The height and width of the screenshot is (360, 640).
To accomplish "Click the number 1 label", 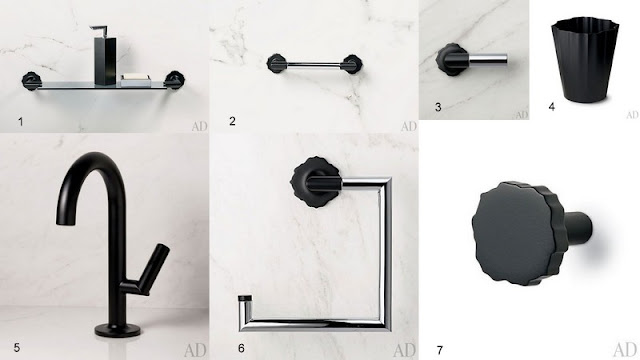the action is coord(20,121).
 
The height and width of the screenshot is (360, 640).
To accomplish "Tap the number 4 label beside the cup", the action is coord(552,107).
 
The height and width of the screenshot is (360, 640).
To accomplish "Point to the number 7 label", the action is coord(440,350).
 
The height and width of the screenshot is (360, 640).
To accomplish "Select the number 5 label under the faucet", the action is coord(17,347).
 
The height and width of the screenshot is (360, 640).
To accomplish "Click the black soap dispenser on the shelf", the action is coord(105,56).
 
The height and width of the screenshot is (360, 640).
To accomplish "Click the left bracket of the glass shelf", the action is coord(31,81).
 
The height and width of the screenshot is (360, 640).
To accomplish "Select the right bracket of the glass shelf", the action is coord(174,80).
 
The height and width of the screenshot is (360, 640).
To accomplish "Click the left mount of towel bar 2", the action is coord(277,63).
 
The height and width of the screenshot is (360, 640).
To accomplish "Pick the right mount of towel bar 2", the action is coord(351,64).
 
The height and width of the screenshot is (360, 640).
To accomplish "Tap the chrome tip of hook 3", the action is coord(488,59).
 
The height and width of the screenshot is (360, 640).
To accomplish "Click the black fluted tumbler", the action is coord(585,60).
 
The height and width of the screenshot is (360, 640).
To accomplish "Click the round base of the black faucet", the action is coord(118,329).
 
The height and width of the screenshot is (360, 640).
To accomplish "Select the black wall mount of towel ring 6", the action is coord(316,182).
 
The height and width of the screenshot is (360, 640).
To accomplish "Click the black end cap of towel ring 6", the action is coord(245,298).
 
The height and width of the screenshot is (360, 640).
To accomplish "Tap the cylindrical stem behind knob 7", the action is coord(578,227).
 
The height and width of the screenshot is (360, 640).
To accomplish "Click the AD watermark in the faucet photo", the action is coord(196,350).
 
